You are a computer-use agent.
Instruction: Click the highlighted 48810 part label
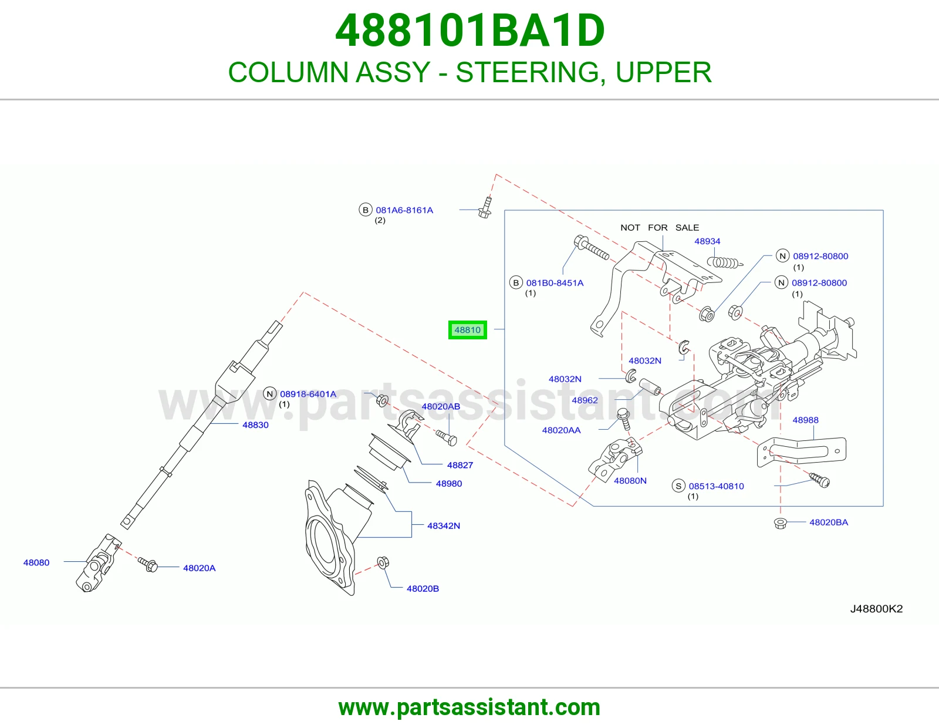pos(468,330)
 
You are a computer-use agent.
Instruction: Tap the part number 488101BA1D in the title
pos(469,31)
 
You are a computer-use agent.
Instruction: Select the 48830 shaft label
pos(255,425)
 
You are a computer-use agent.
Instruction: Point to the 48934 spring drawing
pos(725,262)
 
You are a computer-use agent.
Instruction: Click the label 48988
pos(805,420)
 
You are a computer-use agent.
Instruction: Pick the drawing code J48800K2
pos(876,609)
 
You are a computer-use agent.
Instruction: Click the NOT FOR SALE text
pos(660,227)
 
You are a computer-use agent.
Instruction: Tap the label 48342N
pos(443,525)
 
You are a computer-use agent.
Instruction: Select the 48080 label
pos(36,562)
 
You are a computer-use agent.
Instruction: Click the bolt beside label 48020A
pos(148,564)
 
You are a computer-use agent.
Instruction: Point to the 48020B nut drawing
pos(383,562)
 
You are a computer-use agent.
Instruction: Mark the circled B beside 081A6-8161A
pos(365,210)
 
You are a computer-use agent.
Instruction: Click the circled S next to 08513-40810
pos(678,486)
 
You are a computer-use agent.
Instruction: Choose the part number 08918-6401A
pos(308,394)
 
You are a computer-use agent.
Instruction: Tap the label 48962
pos(585,400)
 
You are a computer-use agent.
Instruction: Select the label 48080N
pos(630,481)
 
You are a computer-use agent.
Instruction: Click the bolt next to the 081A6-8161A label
pos(485,207)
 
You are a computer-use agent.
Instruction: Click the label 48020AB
pos(441,406)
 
